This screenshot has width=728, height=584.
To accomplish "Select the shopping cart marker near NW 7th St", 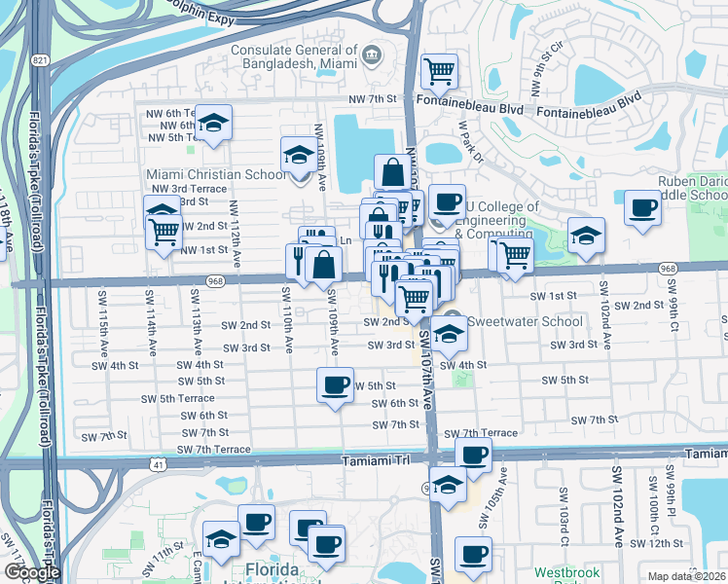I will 439,71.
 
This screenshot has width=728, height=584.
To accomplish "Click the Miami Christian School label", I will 216,173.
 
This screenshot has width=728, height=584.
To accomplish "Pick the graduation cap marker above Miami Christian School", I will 298,154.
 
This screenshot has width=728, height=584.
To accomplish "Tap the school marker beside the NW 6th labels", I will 213,123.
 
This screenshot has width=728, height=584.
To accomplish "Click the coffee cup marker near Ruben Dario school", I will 641,209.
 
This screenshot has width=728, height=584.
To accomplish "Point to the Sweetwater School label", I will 526,321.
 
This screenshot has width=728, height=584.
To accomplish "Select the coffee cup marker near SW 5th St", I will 335,384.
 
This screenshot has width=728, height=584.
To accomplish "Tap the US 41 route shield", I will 158,465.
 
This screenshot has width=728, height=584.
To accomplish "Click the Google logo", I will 31,572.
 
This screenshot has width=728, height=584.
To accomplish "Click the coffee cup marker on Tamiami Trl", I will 473,455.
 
